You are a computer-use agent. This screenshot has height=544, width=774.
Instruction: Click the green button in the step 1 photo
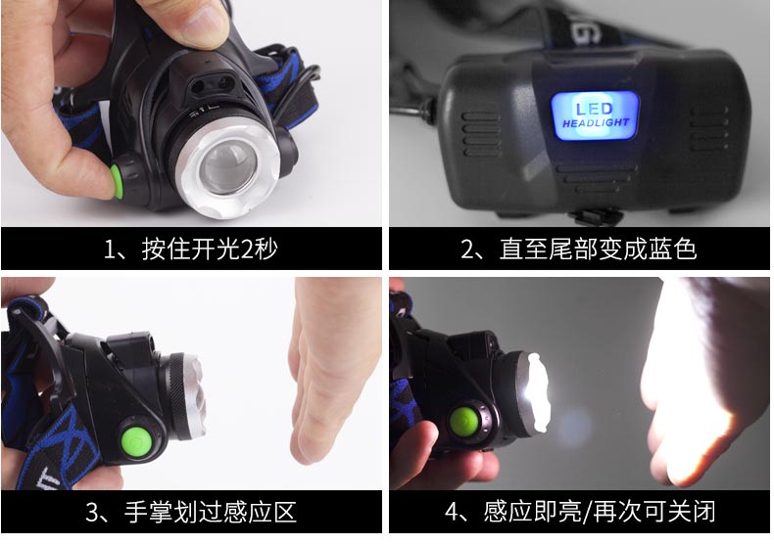pyautogui.click(x=117, y=181)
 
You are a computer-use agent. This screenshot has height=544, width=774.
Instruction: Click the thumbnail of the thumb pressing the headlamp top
pyautogui.click(x=204, y=21)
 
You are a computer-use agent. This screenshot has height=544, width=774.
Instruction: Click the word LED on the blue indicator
pyautogui.click(x=595, y=109)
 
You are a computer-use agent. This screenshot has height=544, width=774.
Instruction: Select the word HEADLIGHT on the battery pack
pyautogui.click(x=596, y=122)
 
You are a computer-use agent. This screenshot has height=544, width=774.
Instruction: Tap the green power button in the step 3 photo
pyautogui.click(x=136, y=440)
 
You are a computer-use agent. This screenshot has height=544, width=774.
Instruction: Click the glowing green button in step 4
pyautogui.click(x=464, y=422)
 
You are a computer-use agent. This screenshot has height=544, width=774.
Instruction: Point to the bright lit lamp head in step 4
pyautogui.click(x=536, y=391)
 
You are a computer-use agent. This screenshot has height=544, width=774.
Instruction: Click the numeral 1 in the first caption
pyautogui.click(x=109, y=249)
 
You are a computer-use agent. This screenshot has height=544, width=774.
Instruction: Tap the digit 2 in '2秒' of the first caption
pyautogui.click(x=246, y=249)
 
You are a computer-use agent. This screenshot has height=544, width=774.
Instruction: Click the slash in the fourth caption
pyautogui.click(x=587, y=512)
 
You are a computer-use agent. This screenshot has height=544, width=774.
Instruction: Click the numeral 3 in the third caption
pyautogui.click(x=92, y=512)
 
